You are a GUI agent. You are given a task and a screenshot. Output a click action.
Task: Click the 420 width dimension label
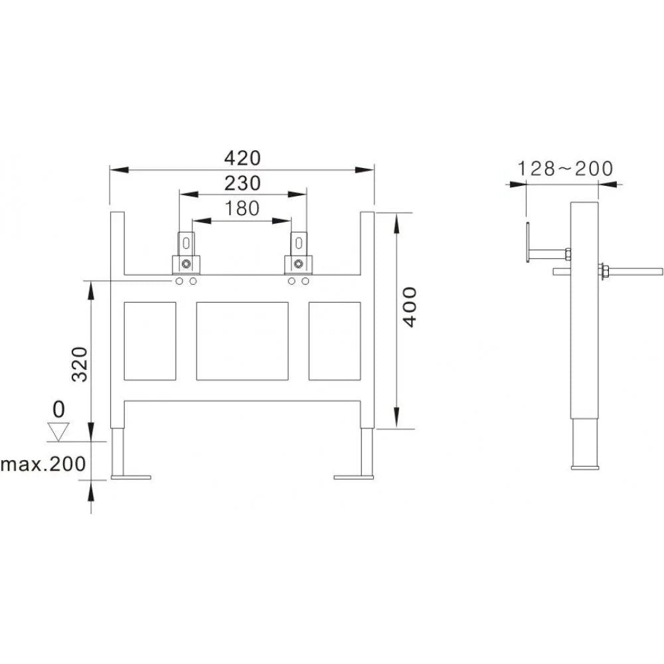pyautogui.click(x=242, y=159)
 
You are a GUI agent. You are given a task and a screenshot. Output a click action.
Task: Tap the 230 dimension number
pyautogui.click(x=242, y=184)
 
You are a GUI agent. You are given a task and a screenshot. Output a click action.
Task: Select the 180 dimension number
pyautogui.click(x=242, y=208)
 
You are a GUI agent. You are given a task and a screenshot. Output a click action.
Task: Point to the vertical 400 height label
pyautogui.click(x=410, y=307)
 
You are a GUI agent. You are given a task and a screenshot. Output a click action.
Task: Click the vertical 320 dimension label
pyautogui.click(x=79, y=364)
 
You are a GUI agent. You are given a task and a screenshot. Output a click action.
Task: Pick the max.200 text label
pyautogui.click(x=43, y=464)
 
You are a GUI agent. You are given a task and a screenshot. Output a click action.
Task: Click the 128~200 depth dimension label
pyautogui.click(x=565, y=169)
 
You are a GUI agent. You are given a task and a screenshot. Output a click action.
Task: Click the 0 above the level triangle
pyautogui.click(x=59, y=410)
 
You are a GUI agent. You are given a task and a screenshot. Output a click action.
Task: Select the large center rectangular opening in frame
pyautogui.click(x=242, y=341)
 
